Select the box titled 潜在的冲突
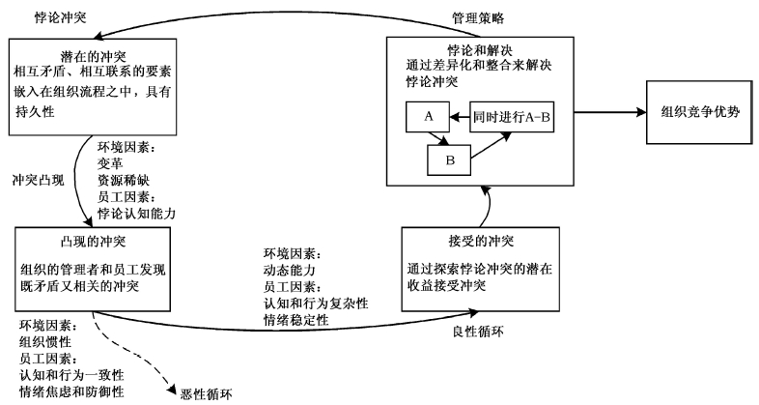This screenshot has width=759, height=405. pos(93,88)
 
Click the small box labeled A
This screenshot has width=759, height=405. pos(426,116)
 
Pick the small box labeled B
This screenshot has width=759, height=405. pos(452,161)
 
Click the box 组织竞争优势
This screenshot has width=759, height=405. pos(694,112)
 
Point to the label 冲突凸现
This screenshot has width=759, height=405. pos(38,181)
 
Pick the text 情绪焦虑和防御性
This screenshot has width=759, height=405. pos(70,391)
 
